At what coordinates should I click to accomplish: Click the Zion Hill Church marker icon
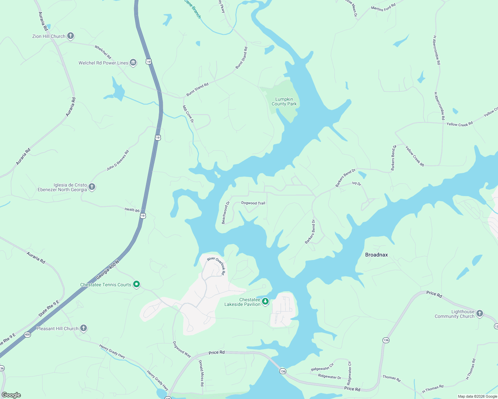70,36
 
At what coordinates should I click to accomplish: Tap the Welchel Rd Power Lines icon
133,63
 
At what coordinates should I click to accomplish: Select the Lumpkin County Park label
284,101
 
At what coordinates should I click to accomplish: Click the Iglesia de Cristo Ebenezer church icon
92,187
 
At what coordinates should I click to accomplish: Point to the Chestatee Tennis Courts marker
136,284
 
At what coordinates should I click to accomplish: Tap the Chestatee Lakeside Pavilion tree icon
265,302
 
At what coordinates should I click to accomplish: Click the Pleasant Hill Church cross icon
84,328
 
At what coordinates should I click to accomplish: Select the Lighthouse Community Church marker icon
479,314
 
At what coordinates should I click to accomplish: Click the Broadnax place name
376,255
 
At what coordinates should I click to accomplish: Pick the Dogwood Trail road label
253,203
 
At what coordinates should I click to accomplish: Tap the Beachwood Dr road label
226,213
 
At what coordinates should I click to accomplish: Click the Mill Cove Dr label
188,114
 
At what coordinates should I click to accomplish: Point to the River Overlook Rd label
216,265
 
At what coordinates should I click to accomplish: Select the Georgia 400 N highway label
108,270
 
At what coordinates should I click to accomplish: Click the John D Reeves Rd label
118,160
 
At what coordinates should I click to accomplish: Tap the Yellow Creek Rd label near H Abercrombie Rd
459,124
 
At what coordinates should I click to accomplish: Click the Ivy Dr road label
357,183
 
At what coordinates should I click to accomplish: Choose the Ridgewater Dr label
330,377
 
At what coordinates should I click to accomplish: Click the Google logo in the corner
11,395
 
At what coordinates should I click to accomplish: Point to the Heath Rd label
132,209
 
